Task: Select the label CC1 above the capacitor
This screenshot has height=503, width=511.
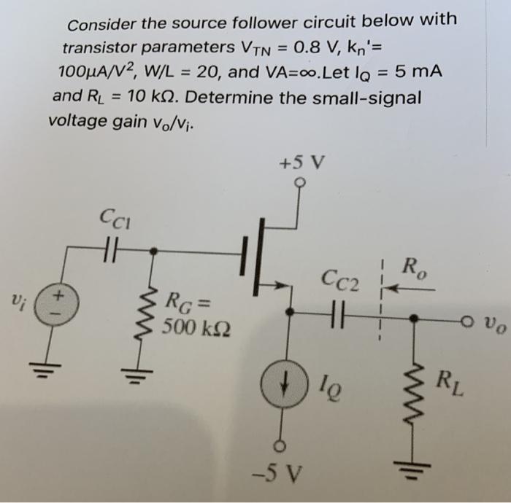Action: (x=115, y=217)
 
